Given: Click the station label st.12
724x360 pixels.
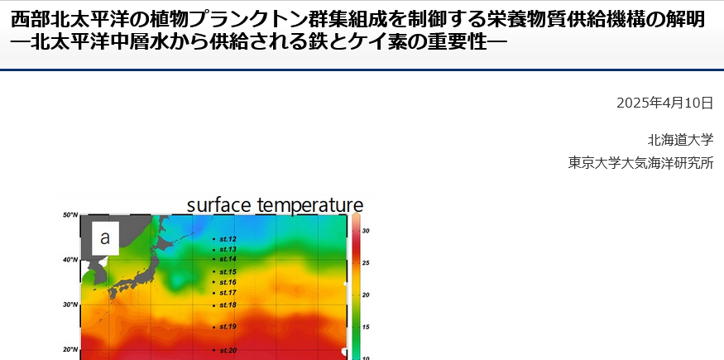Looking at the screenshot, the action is pos(228,239).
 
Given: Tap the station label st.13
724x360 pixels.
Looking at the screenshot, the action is pos(228,249).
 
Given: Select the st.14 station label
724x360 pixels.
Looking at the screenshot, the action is pos(228,259).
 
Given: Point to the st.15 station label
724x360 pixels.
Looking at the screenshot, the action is pos(228,271).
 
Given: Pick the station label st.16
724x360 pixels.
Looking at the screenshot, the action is pos(228,282).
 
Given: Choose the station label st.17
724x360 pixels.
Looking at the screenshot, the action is pos(228,293).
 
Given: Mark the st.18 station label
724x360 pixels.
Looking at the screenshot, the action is pos(228,305).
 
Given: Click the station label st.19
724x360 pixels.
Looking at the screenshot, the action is pos(228,327).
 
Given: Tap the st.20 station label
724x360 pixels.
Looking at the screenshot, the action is pos(228,350).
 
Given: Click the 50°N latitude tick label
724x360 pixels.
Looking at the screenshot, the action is pos(70,215).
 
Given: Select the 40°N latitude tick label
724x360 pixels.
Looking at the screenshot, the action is pos(70,260).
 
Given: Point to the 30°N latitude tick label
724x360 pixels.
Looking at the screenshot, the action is pos(70,305).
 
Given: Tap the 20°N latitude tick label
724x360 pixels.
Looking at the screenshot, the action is pos(70,349).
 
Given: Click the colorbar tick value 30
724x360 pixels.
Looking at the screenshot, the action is pos(366,231).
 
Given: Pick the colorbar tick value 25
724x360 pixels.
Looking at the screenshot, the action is pos(366,262).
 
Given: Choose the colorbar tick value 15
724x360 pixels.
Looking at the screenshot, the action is pos(366,327).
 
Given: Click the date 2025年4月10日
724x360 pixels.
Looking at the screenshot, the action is pos(665,103).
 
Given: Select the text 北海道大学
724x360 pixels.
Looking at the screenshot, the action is pos(681,139).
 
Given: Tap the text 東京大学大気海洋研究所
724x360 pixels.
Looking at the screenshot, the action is pos(641,163).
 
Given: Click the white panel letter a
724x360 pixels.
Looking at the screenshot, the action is pos(105,238).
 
